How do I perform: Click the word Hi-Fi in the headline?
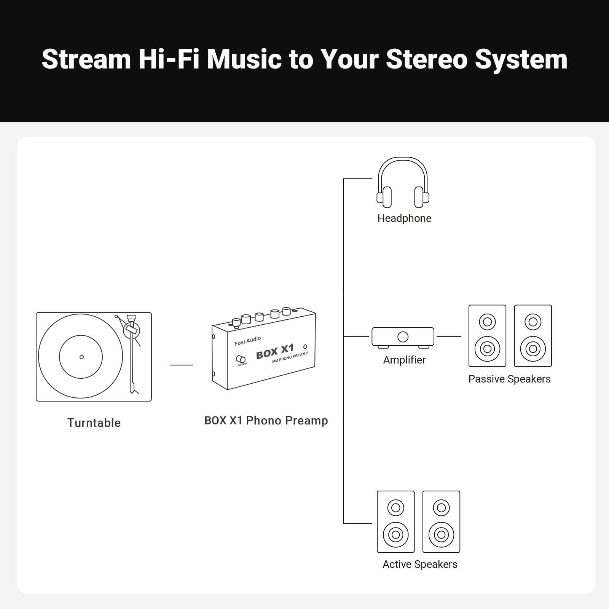pos(169,59)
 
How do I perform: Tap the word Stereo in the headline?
pos(427,59)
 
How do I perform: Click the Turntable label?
pos(94,423)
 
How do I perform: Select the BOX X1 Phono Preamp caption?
pos(266,421)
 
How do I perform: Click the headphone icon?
pos(403,183)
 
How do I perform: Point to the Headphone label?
pos(404,218)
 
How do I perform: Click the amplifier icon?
pos(403,337)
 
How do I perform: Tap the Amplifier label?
pos(404,360)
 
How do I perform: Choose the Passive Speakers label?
pos(509,379)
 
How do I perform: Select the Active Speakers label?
pos(420,564)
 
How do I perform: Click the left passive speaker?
pos(487,336)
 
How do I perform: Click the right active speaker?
pos(441,521)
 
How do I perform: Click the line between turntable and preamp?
pos(181,365)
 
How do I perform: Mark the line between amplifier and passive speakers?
pos(449,336)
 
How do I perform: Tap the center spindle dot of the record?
pos(81,357)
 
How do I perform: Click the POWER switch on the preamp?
pos(241,359)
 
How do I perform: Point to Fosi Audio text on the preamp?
pos(248,341)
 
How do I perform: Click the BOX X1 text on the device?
pos(275,352)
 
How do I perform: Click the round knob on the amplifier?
pos(403,337)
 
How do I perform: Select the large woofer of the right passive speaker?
pos(533,349)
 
